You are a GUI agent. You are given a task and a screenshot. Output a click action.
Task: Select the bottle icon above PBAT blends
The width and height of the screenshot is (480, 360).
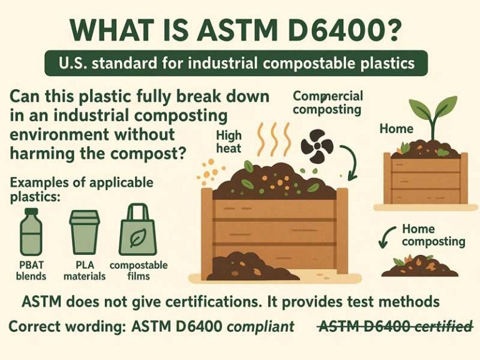[x=31, y=232]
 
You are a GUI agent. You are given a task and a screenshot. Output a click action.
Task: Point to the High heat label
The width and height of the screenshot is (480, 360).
[x=229, y=141]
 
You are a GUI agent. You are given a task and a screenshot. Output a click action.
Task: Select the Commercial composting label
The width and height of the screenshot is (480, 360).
[x=326, y=102]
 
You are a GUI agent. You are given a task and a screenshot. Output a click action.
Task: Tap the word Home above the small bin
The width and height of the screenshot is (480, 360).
[x=396, y=129]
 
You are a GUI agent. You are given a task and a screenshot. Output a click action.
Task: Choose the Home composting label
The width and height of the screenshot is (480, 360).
[x=433, y=235]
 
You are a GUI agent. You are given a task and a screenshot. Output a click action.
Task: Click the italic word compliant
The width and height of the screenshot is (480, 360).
[x=260, y=326]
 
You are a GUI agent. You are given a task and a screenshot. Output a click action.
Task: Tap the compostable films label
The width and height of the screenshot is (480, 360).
[x=138, y=271]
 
